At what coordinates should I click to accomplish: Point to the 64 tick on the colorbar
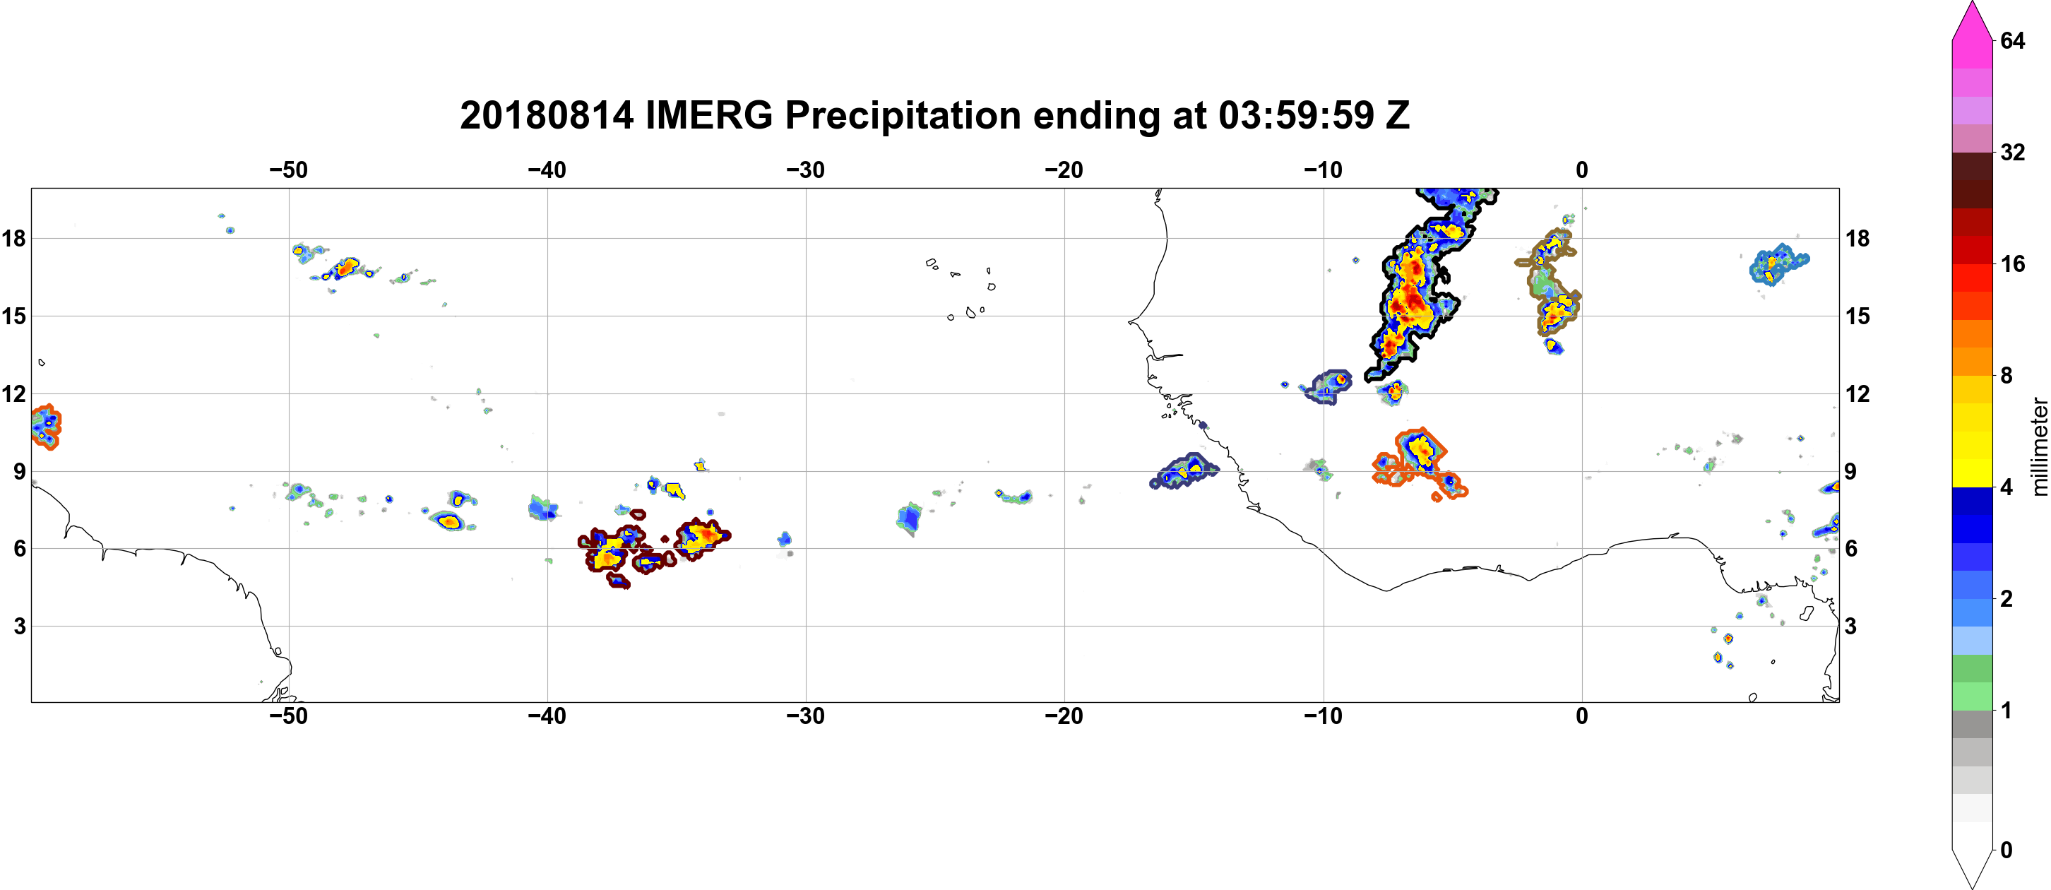(2012, 40)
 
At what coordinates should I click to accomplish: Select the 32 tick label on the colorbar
(2012, 152)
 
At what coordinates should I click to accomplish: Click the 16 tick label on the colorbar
(2012, 263)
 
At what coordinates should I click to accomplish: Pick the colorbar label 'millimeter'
(2039, 446)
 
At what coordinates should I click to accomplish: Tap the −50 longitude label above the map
(288, 170)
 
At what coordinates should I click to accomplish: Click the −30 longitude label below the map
(806, 716)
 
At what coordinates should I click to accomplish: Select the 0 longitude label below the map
(1582, 716)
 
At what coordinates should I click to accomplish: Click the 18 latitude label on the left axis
(13, 238)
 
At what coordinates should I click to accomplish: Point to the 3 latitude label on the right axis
(1851, 627)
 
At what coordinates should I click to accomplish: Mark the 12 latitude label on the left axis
(13, 393)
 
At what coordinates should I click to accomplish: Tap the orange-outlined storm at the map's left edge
(46, 427)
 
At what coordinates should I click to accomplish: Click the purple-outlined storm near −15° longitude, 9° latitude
(1184, 470)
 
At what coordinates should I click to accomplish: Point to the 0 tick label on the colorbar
(2007, 850)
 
